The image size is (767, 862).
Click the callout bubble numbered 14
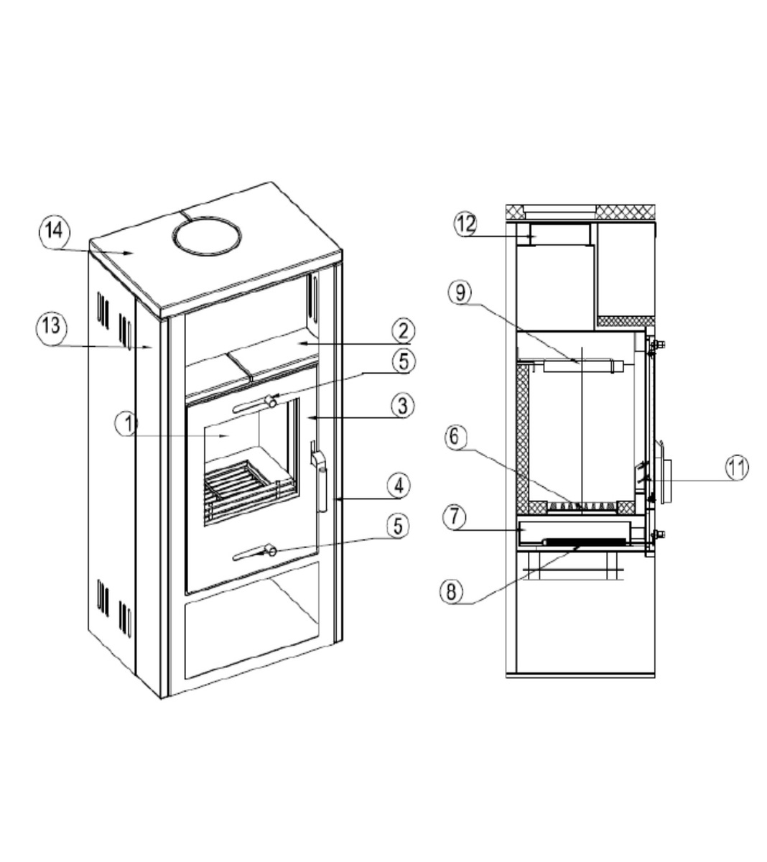tap(54, 232)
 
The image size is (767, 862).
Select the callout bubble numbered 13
tap(52, 327)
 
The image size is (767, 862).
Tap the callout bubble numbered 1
tap(126, 423)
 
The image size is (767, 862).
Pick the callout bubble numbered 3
tap(402, 405)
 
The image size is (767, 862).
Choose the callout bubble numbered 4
tap(399, 486)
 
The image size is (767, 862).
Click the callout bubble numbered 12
tap(465, 223)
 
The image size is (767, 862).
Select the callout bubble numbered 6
tap(455, 437)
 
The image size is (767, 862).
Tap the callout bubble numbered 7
tap(454, 516)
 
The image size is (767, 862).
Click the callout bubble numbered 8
tap(451, 591)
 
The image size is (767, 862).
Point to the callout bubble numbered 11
tap(737, 467)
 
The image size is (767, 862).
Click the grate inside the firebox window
tap(249, 489)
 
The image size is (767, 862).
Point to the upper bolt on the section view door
tap(656, 345)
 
